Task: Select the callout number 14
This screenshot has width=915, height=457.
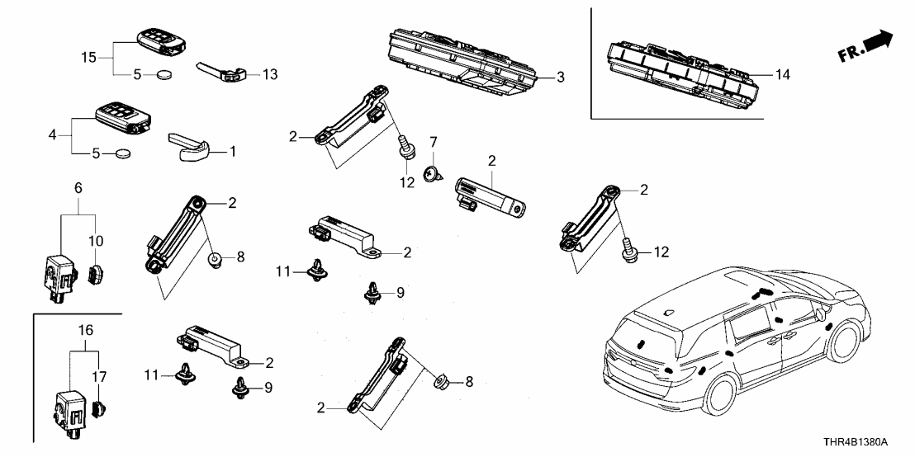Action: click(x=784, y=74)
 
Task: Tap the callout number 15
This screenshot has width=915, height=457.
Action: click(x=88, y=57)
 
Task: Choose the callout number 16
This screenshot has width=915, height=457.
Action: click(x=85, y=329)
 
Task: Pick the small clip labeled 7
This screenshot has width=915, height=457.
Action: click(x=430, y=174)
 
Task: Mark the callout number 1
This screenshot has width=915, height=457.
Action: click(x=232, y=152)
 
